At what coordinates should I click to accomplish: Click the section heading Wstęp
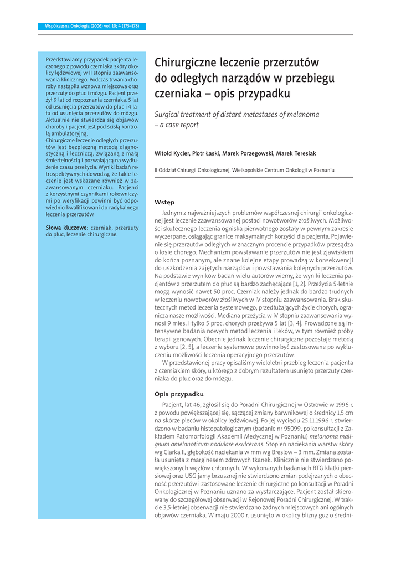click(x=164, y=202)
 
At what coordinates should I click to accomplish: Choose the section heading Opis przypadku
click(x=179, y=394)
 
